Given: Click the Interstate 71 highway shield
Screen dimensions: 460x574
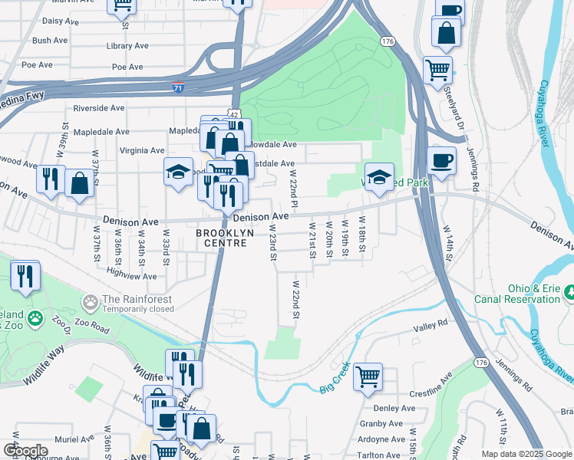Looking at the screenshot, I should click(178, 87).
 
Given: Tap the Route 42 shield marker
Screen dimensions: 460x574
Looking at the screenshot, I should click(233, 113).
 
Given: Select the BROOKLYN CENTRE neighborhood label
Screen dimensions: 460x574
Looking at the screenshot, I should click(221, 238).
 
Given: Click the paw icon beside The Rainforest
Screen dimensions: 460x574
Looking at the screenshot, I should click(91, 304).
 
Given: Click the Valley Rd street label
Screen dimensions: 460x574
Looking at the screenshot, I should click(430, 325).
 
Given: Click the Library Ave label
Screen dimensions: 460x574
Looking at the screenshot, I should click(127, 46).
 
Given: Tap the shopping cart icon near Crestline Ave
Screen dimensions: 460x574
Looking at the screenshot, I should click(368, 376).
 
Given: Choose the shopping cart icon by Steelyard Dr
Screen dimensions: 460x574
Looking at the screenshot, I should click(437, 69).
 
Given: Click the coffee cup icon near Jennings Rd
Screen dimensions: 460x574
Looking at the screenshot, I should click(442, 161).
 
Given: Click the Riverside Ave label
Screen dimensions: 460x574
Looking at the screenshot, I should click(98, 108).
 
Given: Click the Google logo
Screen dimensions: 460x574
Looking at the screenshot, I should click(25, 450).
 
